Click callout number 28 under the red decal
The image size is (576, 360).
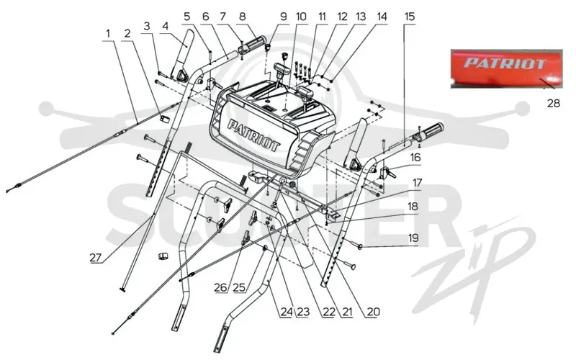(554, 104)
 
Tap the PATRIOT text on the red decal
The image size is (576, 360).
(505, 63)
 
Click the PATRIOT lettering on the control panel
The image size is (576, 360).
(254, 135)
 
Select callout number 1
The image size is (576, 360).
(108, 34)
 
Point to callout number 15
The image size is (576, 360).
(409, 17)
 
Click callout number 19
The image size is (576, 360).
(413, 238)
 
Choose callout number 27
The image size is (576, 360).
(96, 258)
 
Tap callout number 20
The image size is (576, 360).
(373, 312)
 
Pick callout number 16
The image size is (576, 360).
(415, 158)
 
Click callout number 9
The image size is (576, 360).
(283, 17)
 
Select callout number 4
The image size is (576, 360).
(165, 26)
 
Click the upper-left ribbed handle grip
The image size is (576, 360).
(251, 45)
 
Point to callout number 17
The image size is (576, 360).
(417, 183)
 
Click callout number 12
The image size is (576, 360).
(342, 17)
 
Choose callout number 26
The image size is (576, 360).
(220, 287)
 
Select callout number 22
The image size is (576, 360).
(328, 312)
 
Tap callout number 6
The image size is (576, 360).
(205, 17)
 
